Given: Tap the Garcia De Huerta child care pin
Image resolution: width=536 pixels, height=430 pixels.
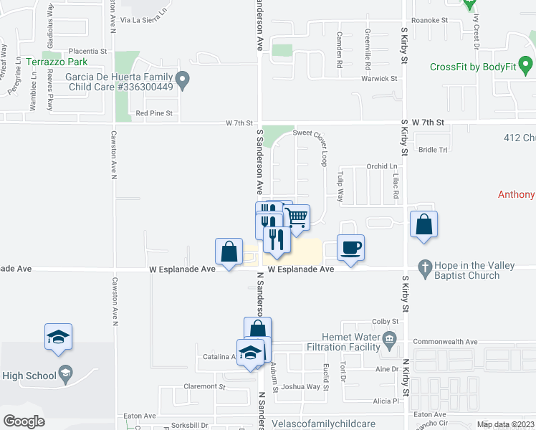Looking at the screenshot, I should pyautogui.click(x=183, y=80).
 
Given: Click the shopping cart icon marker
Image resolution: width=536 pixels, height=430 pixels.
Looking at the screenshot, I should pyautogui.click(x=296, y=217).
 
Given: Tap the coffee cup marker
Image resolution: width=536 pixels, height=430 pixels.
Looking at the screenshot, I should pyautogui.click(x=350, y=248).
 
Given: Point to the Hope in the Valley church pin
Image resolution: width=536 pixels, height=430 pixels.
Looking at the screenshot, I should pyautogui.click(x=424, y=266).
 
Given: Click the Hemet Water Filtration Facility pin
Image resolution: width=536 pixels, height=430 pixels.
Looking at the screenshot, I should pyautogui.click(x=390, y=338).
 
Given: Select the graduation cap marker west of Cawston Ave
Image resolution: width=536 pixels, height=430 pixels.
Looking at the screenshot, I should pyautogui.click(x=59, y=337).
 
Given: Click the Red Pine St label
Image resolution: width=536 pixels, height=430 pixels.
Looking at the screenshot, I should pyautogui.click(x=154, y=113).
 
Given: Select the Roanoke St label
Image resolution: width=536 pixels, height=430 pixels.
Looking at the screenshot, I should pyautogui.click(x=430, y=21).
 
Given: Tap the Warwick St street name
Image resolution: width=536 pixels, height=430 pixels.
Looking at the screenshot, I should pyautogui.click(x=379, y=78).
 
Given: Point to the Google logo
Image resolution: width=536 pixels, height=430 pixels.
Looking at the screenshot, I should pyautogui.click(x=24, y=421).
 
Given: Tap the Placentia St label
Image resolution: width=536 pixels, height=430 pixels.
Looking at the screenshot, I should pyautogui.click(x=87, y=52).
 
